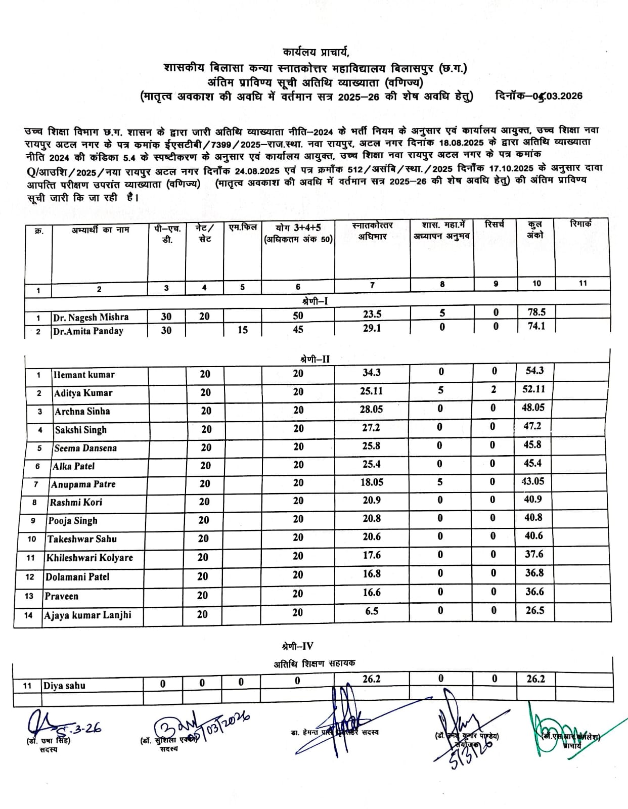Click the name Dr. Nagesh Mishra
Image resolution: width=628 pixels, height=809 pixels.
[91, 317]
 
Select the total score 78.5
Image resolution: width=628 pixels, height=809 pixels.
[536, 312]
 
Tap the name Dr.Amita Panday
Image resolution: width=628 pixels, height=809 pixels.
[88, 331]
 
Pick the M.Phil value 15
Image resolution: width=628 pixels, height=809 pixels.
[243, 330]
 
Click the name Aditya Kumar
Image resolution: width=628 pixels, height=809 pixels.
[83, 393]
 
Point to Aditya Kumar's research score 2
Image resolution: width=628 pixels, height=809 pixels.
[494, 389]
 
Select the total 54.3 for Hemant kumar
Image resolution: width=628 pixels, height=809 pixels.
[534, 371]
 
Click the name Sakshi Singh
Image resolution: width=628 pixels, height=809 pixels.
[81, 430]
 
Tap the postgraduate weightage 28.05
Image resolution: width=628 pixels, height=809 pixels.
[371, 409]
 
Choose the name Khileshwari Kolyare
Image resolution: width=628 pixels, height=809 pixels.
[89, 558]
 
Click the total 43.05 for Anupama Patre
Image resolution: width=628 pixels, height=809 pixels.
[533, 481]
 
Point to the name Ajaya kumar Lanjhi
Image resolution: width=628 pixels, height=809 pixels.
[87, 615]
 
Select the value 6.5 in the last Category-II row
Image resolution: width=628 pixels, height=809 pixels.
[371, 611]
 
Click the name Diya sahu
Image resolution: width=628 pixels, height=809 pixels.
[64, 686]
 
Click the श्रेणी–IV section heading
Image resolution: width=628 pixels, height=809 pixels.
[297, 646]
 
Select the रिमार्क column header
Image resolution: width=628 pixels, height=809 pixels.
[580, 224]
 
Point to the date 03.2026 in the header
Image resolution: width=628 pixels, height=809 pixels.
[561, 96]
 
